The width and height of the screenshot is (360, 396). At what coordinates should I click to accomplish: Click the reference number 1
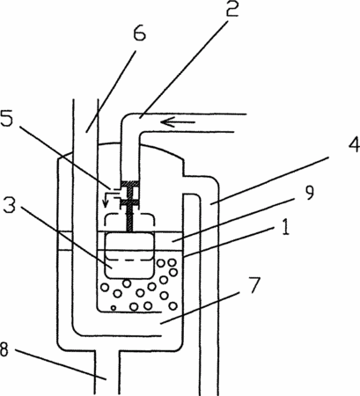(284, 227)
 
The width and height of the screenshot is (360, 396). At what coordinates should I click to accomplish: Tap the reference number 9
(308, 193)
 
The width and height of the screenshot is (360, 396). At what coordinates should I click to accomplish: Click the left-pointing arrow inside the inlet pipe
(178, 121)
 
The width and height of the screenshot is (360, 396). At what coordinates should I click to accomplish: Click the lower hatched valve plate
(130, 202)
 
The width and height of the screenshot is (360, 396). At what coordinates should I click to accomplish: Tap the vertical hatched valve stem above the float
(129, 217)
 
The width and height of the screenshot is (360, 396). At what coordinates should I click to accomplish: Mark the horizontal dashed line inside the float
(129, 260)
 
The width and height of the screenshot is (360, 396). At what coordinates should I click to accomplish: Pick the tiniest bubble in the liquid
(114, 308)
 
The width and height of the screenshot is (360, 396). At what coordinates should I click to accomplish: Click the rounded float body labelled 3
(129, 255)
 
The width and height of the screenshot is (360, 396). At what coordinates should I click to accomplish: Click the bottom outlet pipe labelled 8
(107, 372)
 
